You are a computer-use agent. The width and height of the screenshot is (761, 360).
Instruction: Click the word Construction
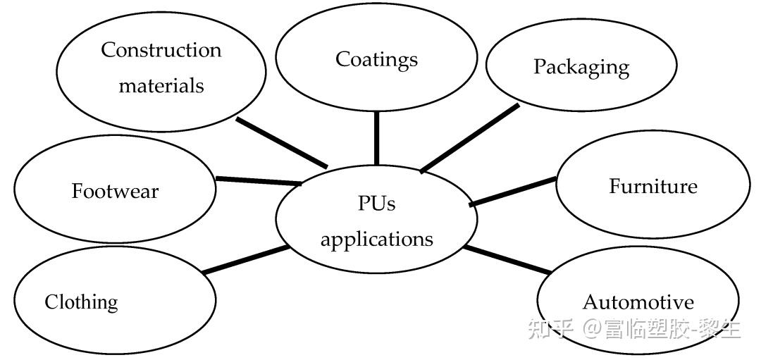[161, 50]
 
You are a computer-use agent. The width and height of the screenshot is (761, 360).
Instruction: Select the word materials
[161, 86]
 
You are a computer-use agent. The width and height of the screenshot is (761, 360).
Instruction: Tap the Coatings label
[376, 59]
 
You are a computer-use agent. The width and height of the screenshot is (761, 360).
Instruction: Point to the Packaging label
[581, 67]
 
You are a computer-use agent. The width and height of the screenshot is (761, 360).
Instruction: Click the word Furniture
[652, 186]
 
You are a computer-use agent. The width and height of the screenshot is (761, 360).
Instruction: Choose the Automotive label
[638, 302]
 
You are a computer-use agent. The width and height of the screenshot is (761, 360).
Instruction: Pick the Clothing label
[81, 302]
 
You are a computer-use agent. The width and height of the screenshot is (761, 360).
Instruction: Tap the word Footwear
[115, 191]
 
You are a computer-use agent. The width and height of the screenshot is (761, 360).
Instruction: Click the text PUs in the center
[376, 204]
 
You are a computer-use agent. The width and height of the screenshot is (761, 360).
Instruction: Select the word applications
[376, 239]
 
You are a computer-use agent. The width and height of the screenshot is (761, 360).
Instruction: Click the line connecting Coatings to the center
[376, 137]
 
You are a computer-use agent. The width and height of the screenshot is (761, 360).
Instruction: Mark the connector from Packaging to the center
[470, 138]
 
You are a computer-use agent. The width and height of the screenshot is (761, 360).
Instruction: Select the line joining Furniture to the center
[512, 192]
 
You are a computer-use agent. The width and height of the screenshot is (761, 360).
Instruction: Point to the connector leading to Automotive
[507, 259]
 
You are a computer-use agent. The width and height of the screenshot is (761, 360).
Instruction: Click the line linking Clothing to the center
[245, 259]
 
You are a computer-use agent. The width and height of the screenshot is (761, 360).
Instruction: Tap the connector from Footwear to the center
[258, 181]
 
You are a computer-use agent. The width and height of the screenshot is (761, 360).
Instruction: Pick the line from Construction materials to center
[282, 143]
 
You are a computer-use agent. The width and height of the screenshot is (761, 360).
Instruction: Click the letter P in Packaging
[540, 66]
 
